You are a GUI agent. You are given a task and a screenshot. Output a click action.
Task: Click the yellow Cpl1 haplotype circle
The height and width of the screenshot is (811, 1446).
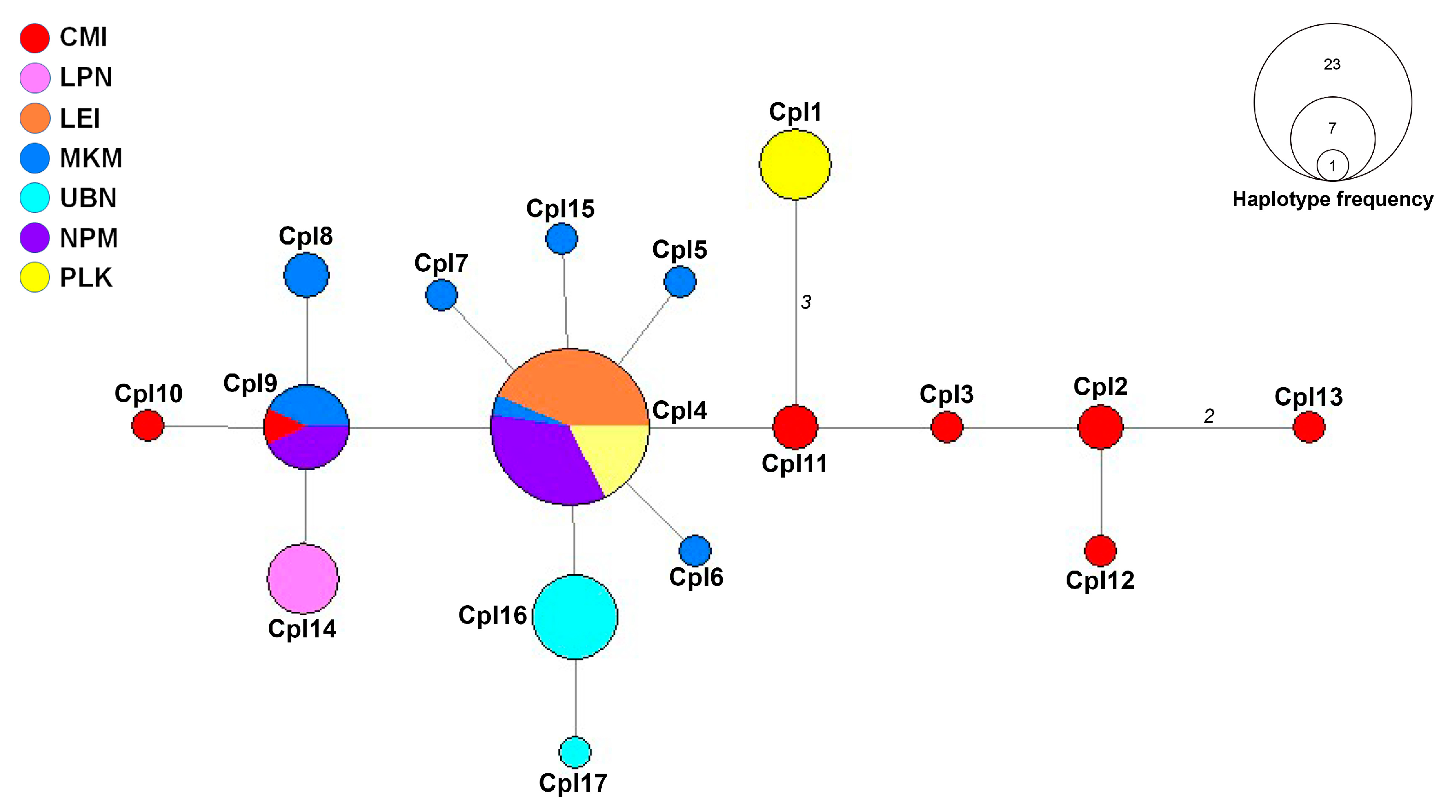pos(795,164)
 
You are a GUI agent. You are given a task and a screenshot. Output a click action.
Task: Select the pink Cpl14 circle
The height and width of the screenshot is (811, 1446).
pos(303,578)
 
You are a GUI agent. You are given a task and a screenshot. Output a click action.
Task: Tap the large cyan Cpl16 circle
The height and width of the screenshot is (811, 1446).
pos(575,616)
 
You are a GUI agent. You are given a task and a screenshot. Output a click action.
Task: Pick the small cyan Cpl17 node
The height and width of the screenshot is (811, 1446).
pos(575,752)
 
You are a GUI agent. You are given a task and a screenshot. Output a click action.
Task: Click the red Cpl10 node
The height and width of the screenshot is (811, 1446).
pos(148,425)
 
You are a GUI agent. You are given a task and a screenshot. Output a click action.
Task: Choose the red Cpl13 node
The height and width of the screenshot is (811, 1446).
pos(1308,427)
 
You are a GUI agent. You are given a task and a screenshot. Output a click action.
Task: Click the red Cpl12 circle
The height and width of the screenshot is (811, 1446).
pos(1100,550)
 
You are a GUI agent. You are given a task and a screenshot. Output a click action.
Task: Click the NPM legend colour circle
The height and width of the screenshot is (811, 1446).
pos(35,238)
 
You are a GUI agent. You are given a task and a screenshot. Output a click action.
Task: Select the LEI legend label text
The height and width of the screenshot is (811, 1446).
pos(80,118)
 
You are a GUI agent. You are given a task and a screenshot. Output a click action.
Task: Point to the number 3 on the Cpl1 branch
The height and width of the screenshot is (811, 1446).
pos(806,302)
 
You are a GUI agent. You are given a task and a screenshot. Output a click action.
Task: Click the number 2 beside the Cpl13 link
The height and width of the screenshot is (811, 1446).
pos(1208,415)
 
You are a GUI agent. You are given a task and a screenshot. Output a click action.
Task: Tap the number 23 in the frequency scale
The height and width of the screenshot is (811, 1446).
pos(1331,64)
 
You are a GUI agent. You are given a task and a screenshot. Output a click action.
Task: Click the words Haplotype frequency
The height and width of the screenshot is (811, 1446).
pos(1332,199)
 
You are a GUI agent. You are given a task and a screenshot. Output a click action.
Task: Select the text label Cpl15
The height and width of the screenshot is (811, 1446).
pos(560,209)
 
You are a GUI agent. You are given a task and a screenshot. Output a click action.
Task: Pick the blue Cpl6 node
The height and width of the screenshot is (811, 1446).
pos(695,550)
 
